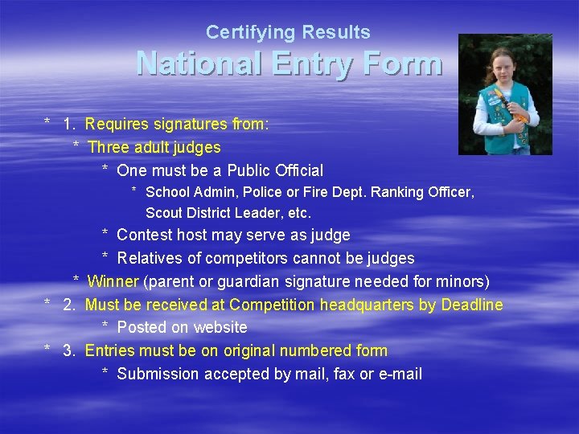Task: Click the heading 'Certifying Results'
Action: tap(288, 33)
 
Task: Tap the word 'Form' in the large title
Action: tap(402, 63)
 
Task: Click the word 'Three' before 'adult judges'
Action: tap(109, 148)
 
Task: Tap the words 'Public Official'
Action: tap(275, 170)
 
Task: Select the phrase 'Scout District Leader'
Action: tap(209, 214)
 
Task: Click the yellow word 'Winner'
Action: tap(113, 282)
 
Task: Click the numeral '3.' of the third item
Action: tap(70, 351)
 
